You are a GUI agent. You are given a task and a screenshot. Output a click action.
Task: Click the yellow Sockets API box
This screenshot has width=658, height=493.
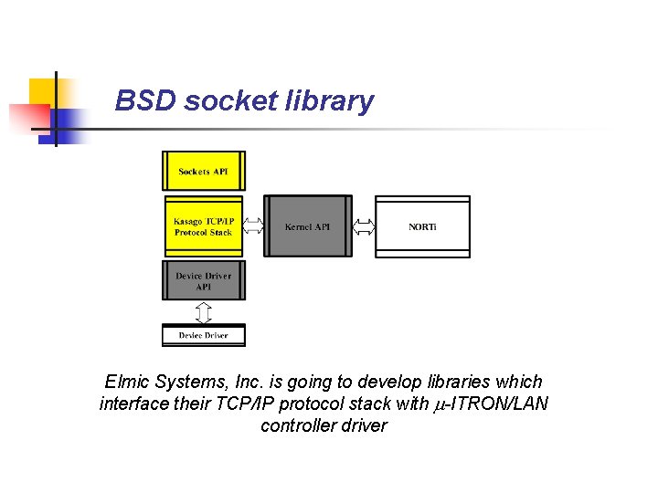tap(204, 172)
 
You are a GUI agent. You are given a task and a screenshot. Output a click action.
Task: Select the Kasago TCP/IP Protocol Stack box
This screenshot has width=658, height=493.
tap(204, 226)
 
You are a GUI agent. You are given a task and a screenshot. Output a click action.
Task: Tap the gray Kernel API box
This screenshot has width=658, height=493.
tap(308, 226)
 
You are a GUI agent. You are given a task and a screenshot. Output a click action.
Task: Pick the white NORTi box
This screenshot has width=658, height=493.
tap(422, 226)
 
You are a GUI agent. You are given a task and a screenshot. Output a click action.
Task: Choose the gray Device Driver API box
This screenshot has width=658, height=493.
tap(204, 280)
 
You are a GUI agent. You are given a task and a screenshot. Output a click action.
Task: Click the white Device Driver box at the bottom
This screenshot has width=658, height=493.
tap(204, 335)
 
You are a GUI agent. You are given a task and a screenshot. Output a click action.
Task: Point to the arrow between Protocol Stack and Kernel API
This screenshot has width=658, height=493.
tap(253, 226)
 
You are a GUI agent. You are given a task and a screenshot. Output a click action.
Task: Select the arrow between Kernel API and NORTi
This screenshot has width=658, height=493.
tap(364, 226)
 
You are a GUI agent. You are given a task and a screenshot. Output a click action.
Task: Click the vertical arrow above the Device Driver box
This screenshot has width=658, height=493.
tap(204, 312)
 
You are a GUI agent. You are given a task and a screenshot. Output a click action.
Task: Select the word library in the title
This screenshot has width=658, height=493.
tap(333, 100)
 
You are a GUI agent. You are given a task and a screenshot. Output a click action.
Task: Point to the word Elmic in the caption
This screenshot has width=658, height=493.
tap(127, 382)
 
